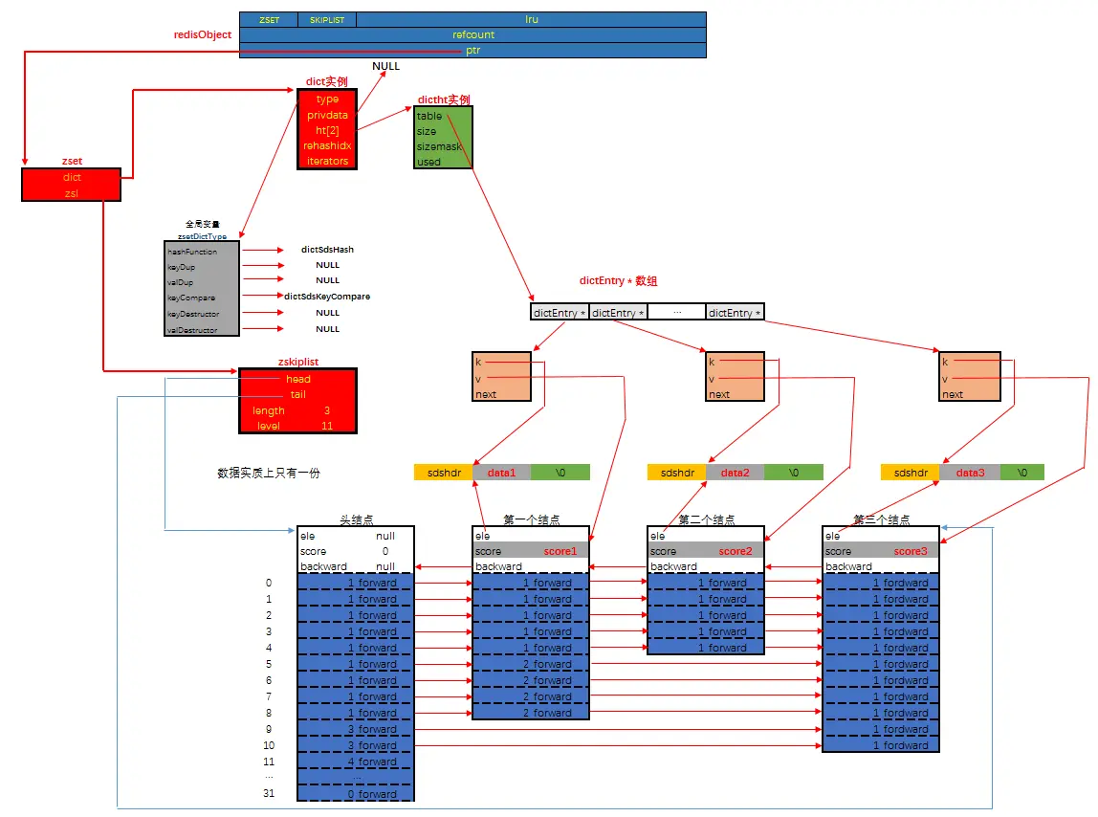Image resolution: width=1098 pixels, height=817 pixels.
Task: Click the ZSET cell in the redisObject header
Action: tap(269, 19)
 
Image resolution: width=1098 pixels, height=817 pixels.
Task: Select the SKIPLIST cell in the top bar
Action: tap(327, 19)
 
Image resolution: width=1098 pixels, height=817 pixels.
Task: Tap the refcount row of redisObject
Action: tap(472, 34)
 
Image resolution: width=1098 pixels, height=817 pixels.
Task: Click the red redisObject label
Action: tap(201, 35)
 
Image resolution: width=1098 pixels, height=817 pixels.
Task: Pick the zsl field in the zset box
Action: tap(72, 193)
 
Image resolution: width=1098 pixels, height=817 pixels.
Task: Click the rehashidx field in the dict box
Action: tap(327, 145)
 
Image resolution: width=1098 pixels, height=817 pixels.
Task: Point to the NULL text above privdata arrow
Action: tap(385, 67)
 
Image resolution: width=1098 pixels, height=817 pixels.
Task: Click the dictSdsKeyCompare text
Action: tap(327, 297)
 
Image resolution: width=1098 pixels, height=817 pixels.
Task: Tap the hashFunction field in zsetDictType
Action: tap(192, 252)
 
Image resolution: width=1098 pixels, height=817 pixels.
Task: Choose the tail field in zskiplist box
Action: tap(297, 394)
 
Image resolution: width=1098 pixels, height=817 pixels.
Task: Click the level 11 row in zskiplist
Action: tap(297, 426)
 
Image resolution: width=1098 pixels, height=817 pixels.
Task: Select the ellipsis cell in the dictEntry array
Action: tap(676, 313)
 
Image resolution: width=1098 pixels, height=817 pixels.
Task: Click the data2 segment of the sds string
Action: tap(735, 473)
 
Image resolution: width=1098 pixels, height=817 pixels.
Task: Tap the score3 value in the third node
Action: tap(910, 551)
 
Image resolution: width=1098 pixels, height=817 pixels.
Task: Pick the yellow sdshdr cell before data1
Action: tap(444, 473)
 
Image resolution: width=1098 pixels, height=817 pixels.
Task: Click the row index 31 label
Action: tap(269, 793)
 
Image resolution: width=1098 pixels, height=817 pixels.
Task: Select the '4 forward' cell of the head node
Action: tap(356, 762)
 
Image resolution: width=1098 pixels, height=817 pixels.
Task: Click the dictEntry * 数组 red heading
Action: tap(618, 281)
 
